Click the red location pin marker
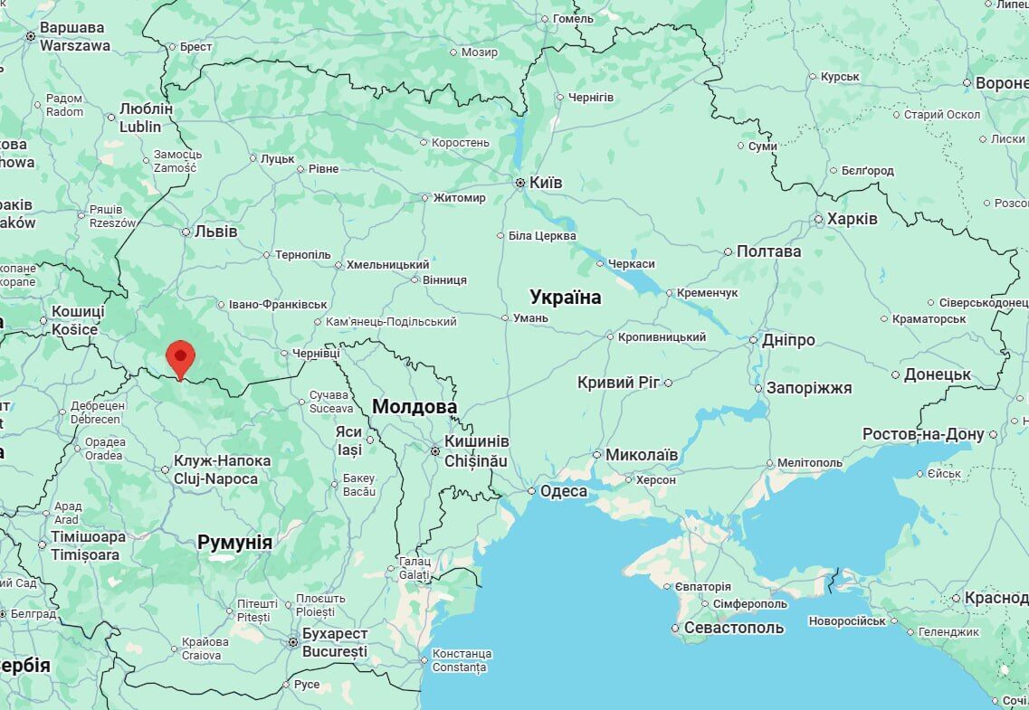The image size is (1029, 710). click(181, 357)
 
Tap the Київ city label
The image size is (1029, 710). click(546, 183)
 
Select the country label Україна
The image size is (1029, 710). click(565, 297)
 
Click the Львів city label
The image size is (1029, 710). click(215, 232)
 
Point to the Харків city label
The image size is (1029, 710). click(851, 219)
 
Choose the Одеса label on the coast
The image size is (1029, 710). click(563, 491)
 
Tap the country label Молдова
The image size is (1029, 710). click(414, 407)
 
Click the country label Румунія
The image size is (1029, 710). click(234, 543)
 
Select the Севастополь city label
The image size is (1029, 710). click(734, 627)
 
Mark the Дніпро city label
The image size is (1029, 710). click(788, 340)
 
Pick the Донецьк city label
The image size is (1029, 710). click(938, 374)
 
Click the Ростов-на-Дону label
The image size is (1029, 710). click(922, 434)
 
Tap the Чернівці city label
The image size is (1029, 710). click(316, 354)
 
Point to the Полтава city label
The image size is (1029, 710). click(768, 251)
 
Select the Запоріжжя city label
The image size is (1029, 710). click(809, 388)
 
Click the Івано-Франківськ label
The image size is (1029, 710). click(278, 305)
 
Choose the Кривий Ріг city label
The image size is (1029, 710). click(619, 383)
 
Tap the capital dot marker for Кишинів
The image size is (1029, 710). click(435, 450)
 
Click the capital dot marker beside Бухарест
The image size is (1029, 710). click(292, 642)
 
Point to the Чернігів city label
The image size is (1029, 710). click(591, 97)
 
